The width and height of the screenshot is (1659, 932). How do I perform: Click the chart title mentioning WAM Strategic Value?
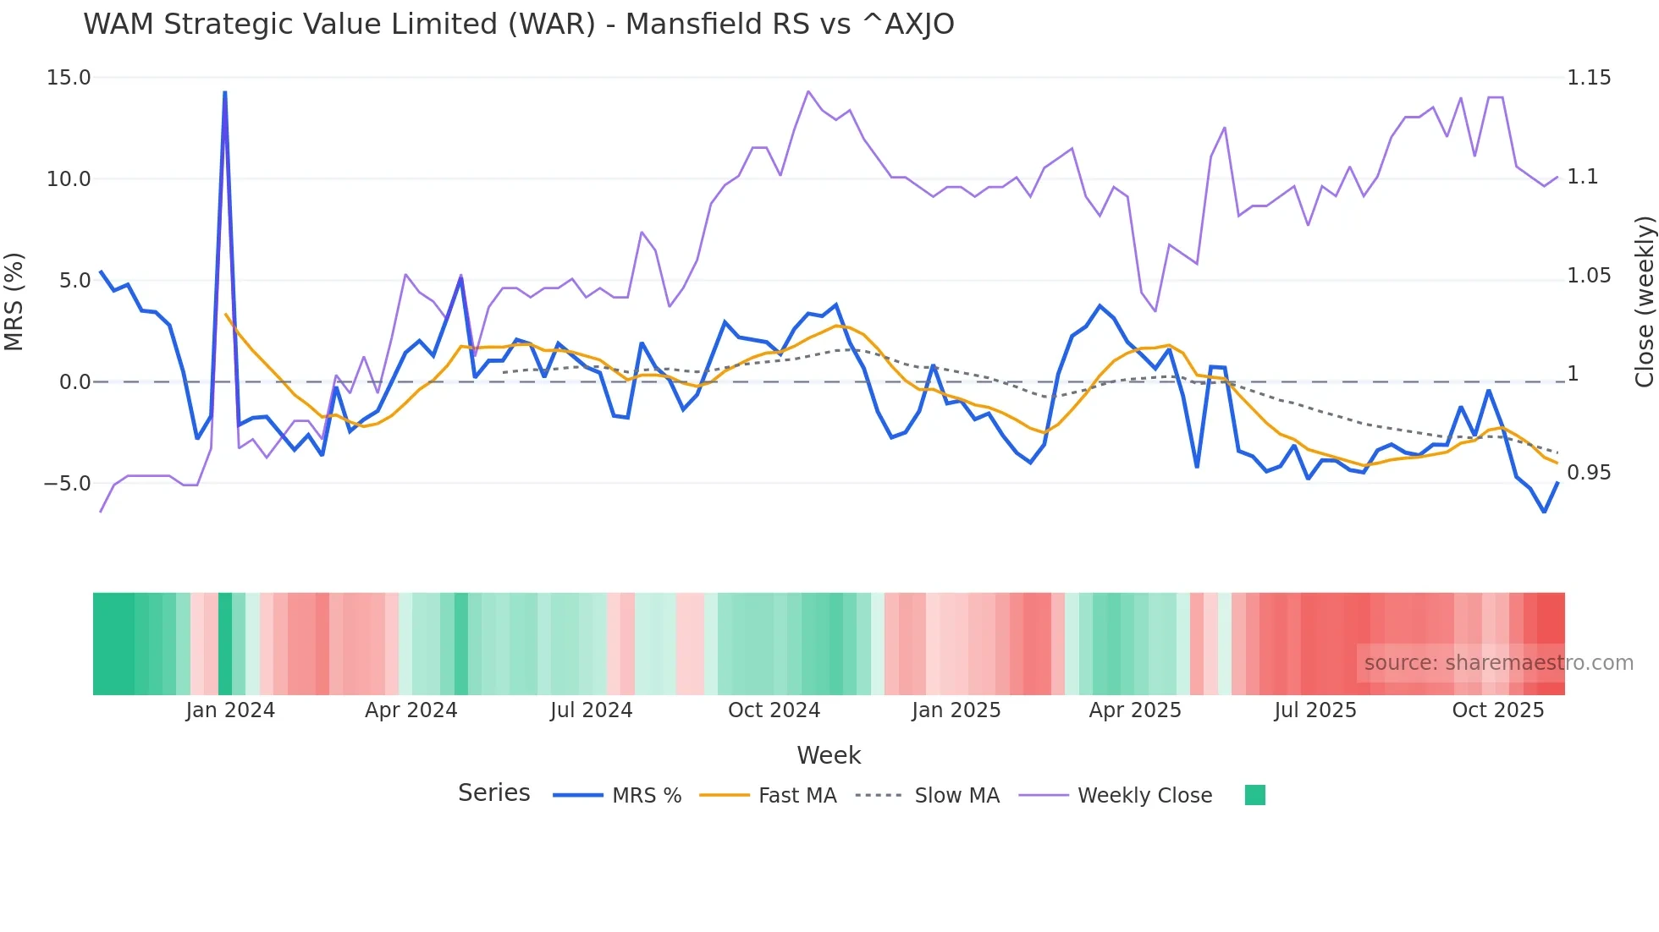tap(518, 25)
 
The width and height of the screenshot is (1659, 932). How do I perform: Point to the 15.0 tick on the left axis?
tap(69, 78)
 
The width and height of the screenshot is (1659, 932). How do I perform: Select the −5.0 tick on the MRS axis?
tap(67, 484)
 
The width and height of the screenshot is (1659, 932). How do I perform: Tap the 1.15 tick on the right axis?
tap(1589, 78)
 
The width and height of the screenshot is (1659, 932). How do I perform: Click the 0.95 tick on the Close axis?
tap(1589, 473)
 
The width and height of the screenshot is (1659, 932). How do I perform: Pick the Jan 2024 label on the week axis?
tap(230, 710)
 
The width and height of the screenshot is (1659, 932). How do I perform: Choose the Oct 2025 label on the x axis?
tap(1497, 710)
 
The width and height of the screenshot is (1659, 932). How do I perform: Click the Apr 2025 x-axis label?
tap(1134, 710)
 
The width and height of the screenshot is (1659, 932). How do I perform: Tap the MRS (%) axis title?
tap(14, 301)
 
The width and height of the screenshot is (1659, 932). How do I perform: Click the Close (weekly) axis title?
tap(1644, 301)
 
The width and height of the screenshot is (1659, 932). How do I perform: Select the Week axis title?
tap(829, 755)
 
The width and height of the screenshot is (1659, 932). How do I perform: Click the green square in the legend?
tap(1255, 795)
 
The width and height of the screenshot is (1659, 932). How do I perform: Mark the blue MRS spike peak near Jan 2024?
tap(225, 92)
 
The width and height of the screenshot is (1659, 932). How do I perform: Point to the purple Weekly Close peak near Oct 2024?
tap(808, 91)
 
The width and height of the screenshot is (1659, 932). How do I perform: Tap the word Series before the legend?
tap(493, 793)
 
